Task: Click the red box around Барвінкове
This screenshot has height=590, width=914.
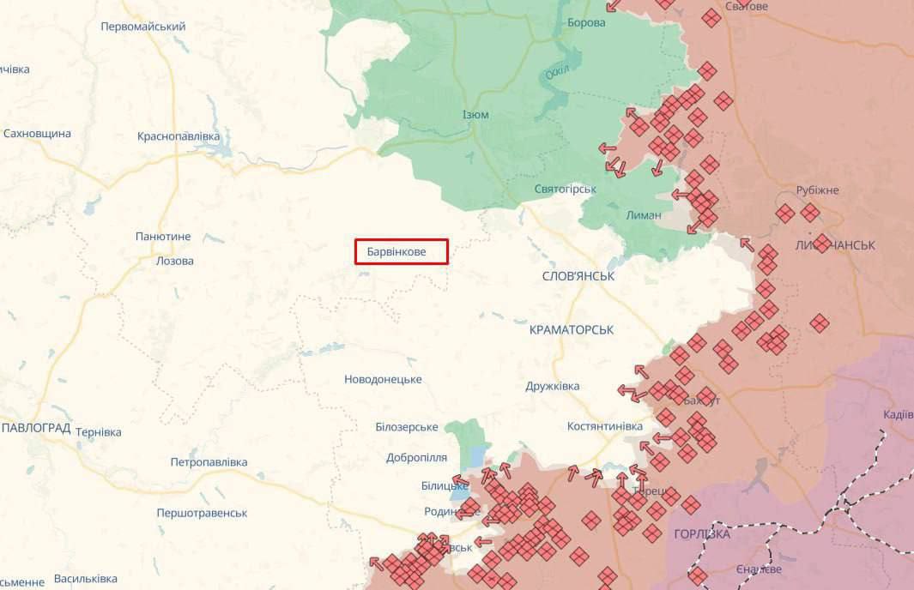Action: (402, 251)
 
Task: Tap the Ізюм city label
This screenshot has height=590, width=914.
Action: (475, 114)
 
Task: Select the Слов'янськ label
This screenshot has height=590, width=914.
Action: (578, 276)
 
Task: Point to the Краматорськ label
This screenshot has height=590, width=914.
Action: (572, 329)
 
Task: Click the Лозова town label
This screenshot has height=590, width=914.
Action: (175, 261)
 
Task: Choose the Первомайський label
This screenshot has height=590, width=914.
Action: (143, 27)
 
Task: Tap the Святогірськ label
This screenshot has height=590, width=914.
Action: (565, 189)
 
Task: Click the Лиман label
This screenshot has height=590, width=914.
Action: (644, 215)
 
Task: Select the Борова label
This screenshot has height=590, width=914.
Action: (586, 22)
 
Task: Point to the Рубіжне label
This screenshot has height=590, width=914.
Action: (817, 190)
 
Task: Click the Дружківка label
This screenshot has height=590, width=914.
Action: (553, 387)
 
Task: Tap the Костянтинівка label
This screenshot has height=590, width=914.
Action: (605, 426)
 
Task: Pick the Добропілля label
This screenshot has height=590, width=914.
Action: (416, 457)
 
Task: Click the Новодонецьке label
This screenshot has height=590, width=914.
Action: (383, 379)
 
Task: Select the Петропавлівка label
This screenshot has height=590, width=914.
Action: (209, 462)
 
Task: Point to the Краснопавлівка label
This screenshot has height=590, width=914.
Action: (179, 136)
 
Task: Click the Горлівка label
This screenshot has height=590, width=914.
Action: (702, 534)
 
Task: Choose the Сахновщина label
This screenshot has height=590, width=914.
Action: (37, 134)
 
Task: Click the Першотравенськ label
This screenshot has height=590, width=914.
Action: (202, 513)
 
